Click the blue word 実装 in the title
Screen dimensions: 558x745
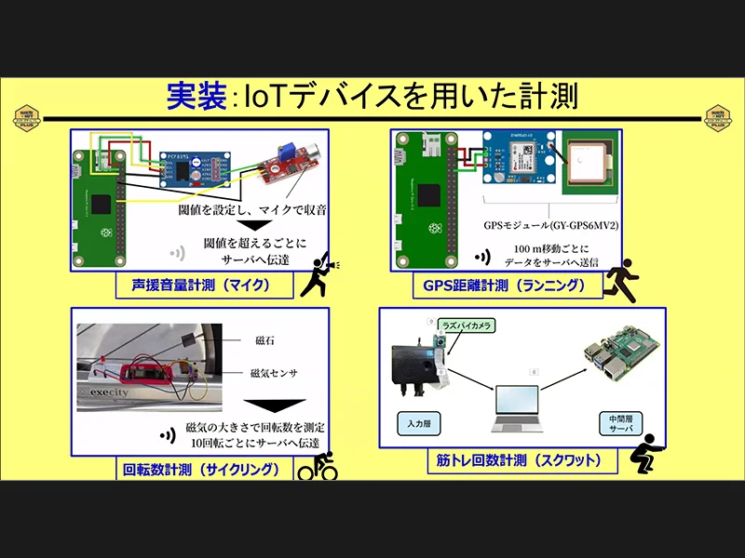click(x=196, y=96)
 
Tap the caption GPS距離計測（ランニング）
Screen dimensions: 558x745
click(x=504, y=286)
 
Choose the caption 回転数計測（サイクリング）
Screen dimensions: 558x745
click(x=201, y=470)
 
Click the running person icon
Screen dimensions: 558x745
click(x=620, y=277)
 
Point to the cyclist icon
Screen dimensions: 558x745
click(x=318, y=466)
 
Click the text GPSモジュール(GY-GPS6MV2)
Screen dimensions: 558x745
click(x=551, y=225)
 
